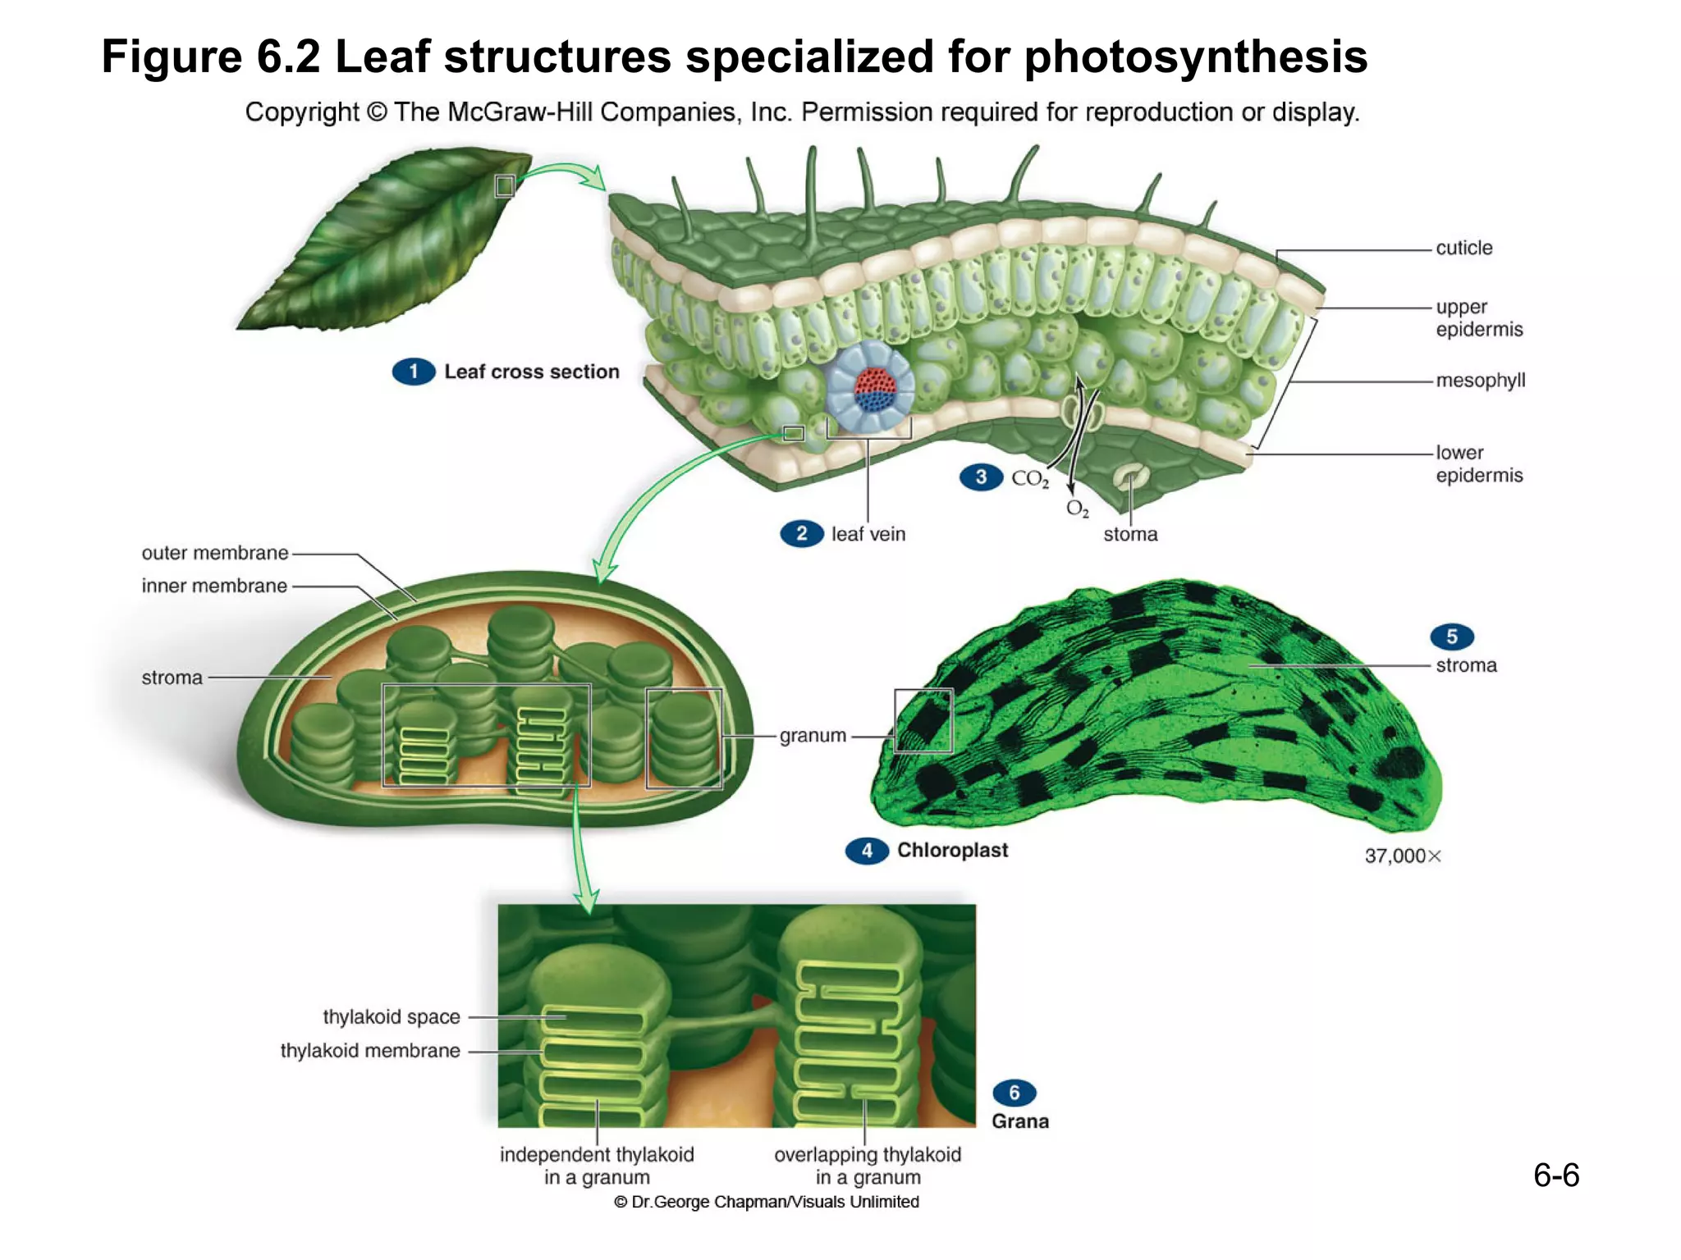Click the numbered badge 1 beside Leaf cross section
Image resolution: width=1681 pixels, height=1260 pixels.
click(x=413, y=372)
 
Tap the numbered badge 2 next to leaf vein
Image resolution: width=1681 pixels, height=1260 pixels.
click(x=801, y=534)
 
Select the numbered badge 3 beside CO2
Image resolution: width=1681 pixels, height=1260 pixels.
click(x=981, y=477)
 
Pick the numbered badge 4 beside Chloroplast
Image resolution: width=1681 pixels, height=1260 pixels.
click(x=867, y=851)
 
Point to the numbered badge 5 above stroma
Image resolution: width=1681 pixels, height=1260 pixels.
click(x=1451, y=637)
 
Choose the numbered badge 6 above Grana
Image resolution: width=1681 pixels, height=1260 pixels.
click(x=1014, y=1093)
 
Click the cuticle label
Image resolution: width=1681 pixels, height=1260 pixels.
click(x=1463, y=248)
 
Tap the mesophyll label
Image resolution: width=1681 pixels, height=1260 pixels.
click(x=1480, y=381)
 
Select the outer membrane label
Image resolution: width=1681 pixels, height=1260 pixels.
click(x=215, y=553)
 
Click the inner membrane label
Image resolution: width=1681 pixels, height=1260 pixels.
click(x=214, y=586)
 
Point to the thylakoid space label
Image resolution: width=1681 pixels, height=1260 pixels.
click(x=392, y=1017)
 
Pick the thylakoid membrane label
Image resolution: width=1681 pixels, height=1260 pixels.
click(x=370, y=1051)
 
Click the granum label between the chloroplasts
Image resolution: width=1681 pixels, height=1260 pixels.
click(x=813, y=736)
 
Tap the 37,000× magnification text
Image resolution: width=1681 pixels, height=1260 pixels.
click(x=1402, y=856)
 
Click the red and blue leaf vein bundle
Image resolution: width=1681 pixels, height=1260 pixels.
click(x=874, y=390)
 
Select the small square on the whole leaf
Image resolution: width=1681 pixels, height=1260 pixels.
click(x=505, y=186)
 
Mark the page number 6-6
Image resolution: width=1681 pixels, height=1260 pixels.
click(x=1555, y=1176)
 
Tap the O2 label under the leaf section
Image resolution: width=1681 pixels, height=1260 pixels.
click(x=1077, y=509)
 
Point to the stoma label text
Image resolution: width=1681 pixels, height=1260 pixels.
click(x=1130, y=535)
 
